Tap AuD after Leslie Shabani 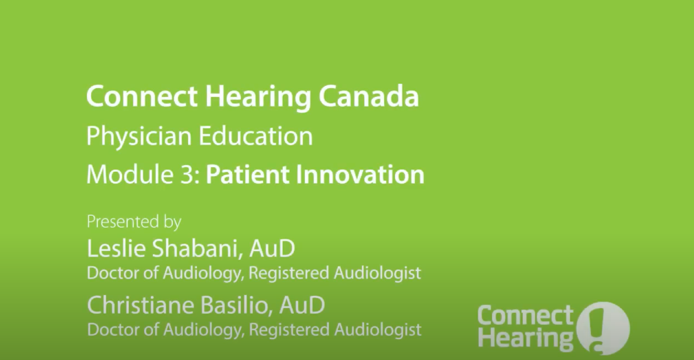pos(272,249)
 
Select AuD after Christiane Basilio pos(302,305)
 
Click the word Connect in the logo pos(525,316)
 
